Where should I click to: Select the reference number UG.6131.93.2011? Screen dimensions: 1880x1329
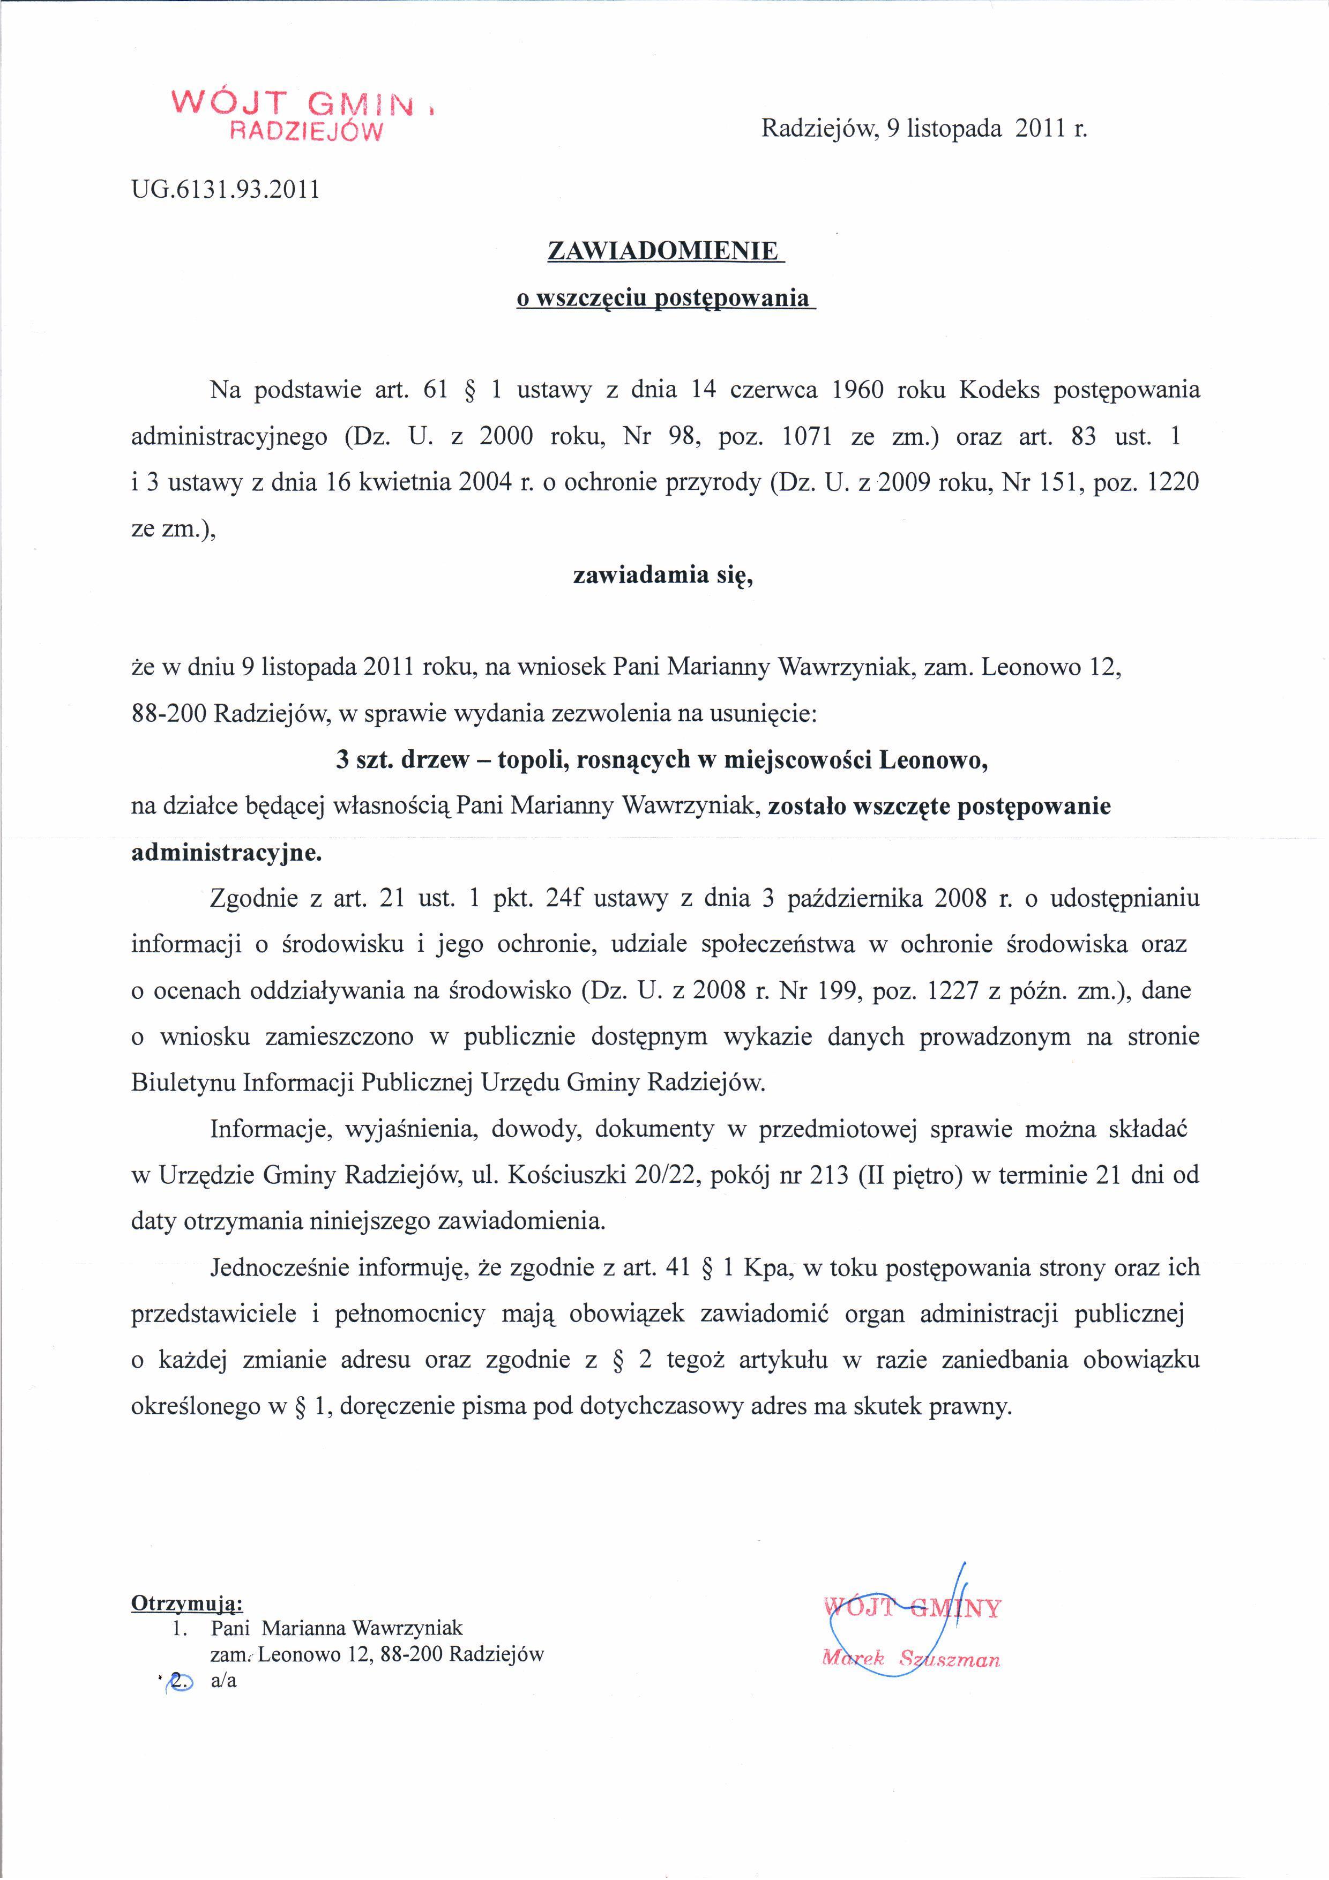pos(225,190)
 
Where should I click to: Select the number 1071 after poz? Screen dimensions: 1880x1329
pos(808,436)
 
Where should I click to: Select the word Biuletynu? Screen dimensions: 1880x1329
pos(182,1083)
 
